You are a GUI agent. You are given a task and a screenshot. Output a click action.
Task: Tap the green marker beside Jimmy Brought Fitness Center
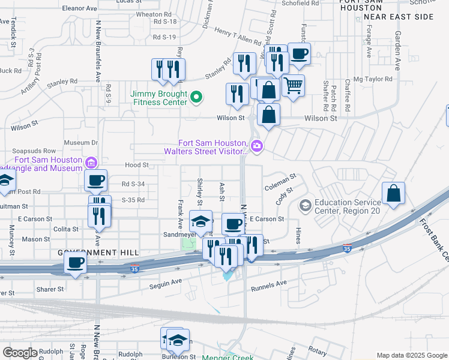(x=195, y=97)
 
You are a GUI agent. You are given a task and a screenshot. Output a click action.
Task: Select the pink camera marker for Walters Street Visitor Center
(x=257, y=146)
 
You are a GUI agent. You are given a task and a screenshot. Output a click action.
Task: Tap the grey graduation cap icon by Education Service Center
(x=305, y=206)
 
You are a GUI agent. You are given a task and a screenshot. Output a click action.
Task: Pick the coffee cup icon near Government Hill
(x=76, y=263)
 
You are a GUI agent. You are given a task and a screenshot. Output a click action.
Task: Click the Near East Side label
(x=398, y=17)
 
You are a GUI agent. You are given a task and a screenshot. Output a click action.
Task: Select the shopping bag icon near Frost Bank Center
(x=393, y=193)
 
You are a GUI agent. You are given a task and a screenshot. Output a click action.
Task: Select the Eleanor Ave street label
(x=79, y=9)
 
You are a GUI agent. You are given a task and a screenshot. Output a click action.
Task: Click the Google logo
(x=20, y=353)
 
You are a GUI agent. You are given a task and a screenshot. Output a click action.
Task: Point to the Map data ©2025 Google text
(x=411, y=355)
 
